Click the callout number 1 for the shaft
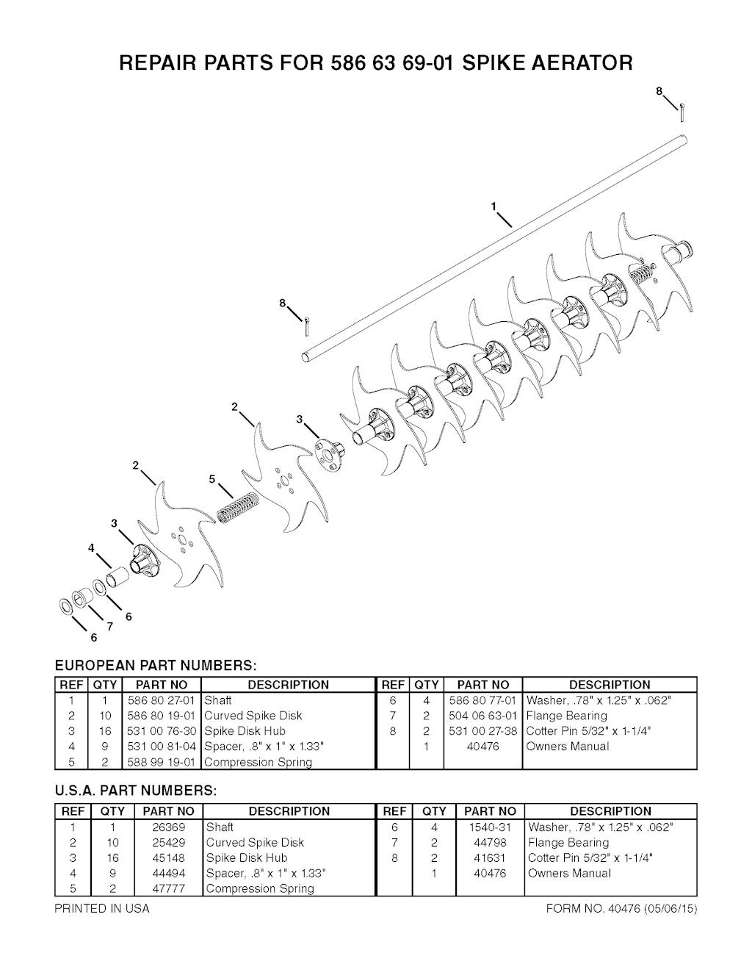(x=493, y=206)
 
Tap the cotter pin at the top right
(x=681, y=112)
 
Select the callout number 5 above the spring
(x=212, y=479)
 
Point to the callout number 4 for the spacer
(x=91, y=548)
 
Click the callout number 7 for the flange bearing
(x=110, y=627)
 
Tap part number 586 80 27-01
(x=162, y=700)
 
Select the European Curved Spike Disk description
(x=253, y=716)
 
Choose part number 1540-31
(x=490, y=827)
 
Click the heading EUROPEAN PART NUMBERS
(x=156, y=666)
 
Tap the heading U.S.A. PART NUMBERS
(x=136, y=791)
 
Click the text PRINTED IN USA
(x=102, y=909)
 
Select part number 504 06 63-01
(x=483, y=716)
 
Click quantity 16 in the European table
(x=105, y=731)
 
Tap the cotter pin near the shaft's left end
(x=307, y=327)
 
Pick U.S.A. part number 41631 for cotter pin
(x=490, y=858)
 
